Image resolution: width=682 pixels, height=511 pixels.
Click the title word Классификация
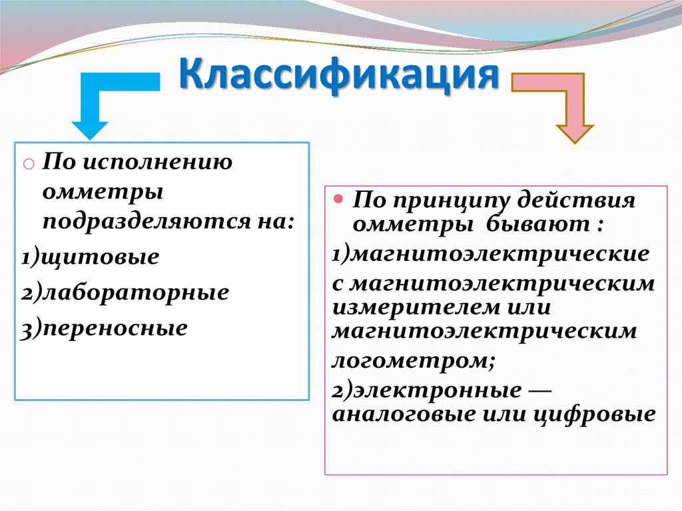click(339, 75)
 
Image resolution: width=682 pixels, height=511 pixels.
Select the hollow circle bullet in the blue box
click(28, 164)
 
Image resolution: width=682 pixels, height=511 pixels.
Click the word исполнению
click(157, 163)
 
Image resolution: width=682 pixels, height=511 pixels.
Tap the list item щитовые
click(100, 256)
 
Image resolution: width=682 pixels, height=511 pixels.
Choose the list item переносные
click(115, 328)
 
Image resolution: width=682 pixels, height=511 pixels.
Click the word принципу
click(444, 201)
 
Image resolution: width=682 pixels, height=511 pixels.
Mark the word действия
click(576, 200)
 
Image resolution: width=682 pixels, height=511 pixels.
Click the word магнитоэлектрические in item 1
click(500, 255)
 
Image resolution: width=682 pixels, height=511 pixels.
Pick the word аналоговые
click(404, 414)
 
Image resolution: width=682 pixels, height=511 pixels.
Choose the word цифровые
click(594, 414)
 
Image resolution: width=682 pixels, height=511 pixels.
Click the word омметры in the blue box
click(103, 193)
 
